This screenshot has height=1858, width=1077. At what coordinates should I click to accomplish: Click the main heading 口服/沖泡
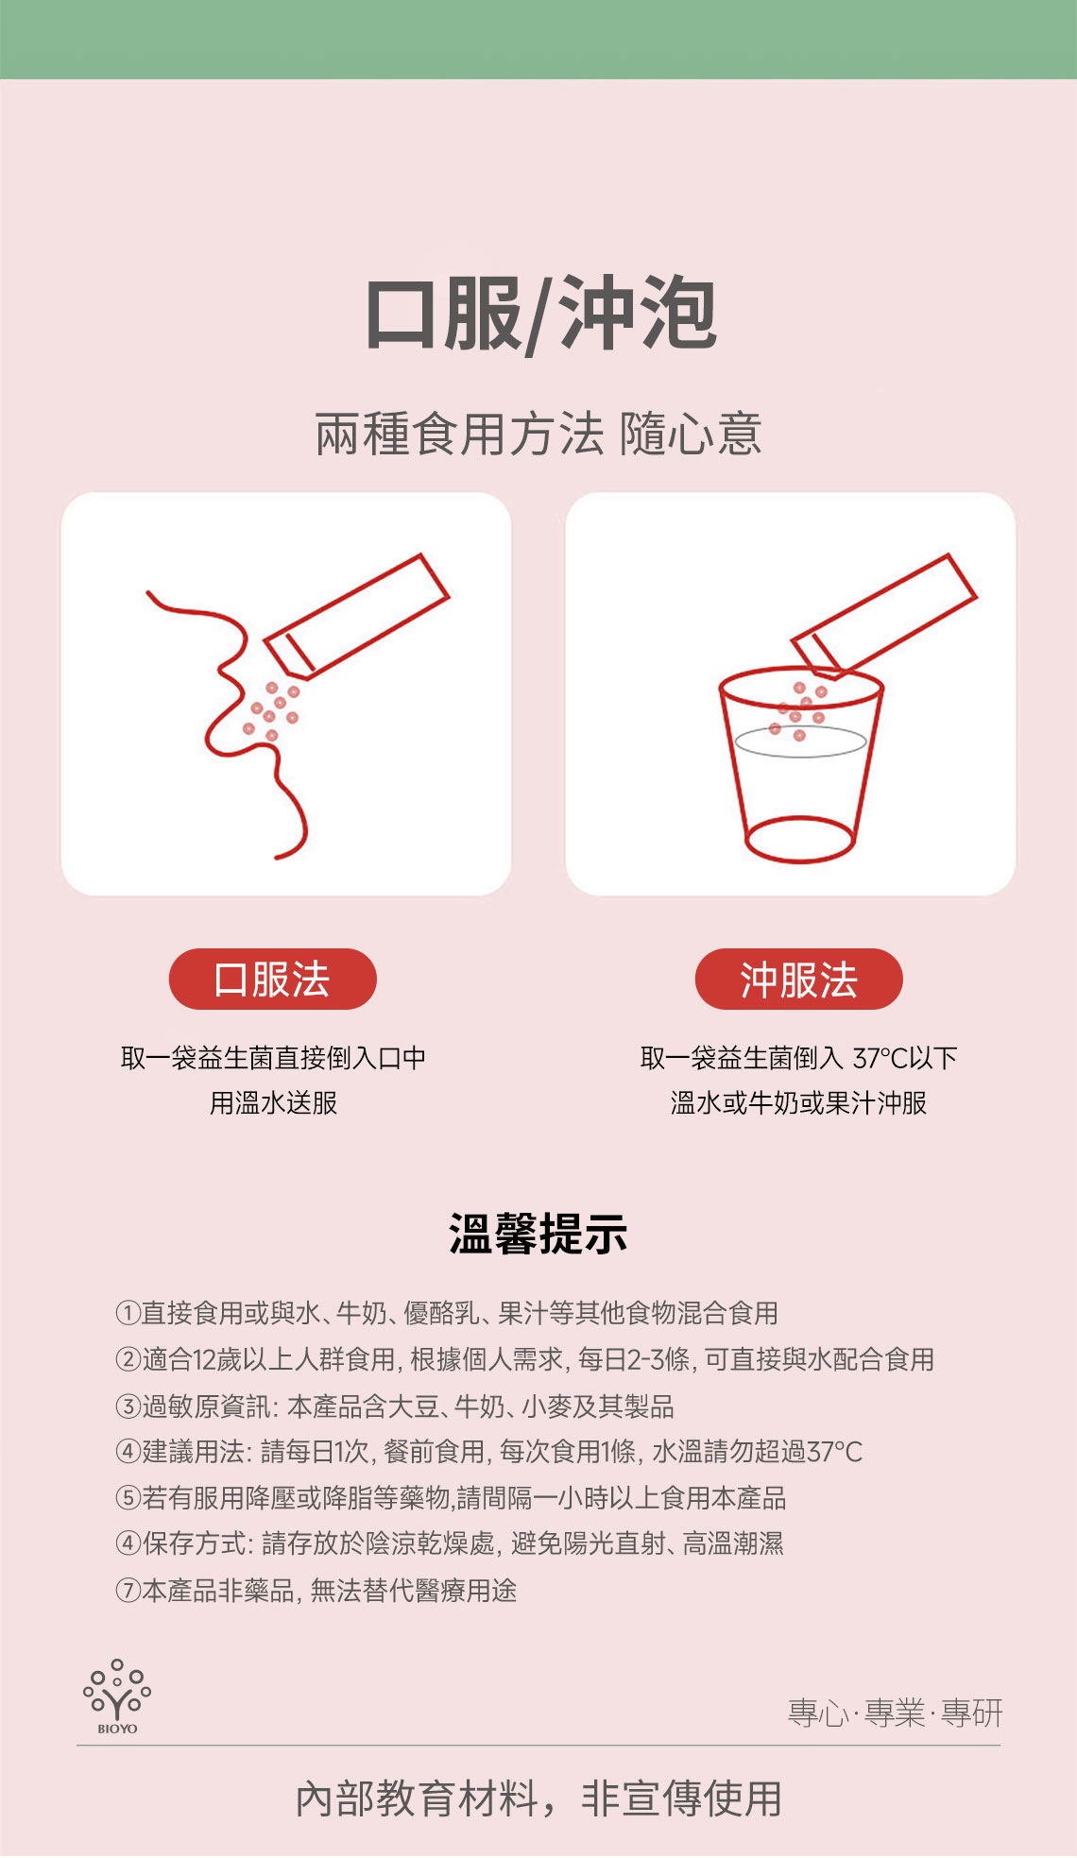click(540, 315)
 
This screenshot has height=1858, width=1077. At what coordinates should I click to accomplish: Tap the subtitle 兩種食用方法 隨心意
click(538, 435)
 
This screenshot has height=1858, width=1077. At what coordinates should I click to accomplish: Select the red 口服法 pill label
click(272, 979)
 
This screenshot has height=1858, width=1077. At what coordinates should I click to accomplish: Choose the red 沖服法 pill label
click(799, 979)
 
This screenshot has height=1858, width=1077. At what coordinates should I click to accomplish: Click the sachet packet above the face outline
click(356, 616)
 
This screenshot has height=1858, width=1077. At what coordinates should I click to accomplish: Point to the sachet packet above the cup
click(883, 616)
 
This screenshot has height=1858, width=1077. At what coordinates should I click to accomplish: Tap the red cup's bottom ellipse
click(800, 839)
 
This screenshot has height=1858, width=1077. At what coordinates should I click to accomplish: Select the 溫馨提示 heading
click(538, 1234)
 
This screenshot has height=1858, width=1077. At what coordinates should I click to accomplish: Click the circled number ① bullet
click(128, 1312)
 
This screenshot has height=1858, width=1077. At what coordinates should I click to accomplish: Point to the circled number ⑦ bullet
click(128, 1591)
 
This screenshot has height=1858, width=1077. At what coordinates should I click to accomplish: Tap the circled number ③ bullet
click(128, 1406)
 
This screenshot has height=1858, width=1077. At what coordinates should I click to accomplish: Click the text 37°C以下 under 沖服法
click(905, 1058)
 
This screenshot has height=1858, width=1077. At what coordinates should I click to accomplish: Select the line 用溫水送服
click(273, 1102)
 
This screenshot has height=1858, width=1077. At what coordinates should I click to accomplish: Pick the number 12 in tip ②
click(204, 1359)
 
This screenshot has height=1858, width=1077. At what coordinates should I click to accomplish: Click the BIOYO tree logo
click(117, 1696)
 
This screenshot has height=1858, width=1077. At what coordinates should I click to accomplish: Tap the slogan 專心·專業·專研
click(896, 1713)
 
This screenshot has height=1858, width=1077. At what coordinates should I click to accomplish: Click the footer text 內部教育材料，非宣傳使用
click(538, 1798)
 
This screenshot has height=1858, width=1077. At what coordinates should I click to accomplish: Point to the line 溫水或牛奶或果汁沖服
click(799, 1102)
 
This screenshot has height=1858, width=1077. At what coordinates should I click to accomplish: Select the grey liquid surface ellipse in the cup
click(800, 741)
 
